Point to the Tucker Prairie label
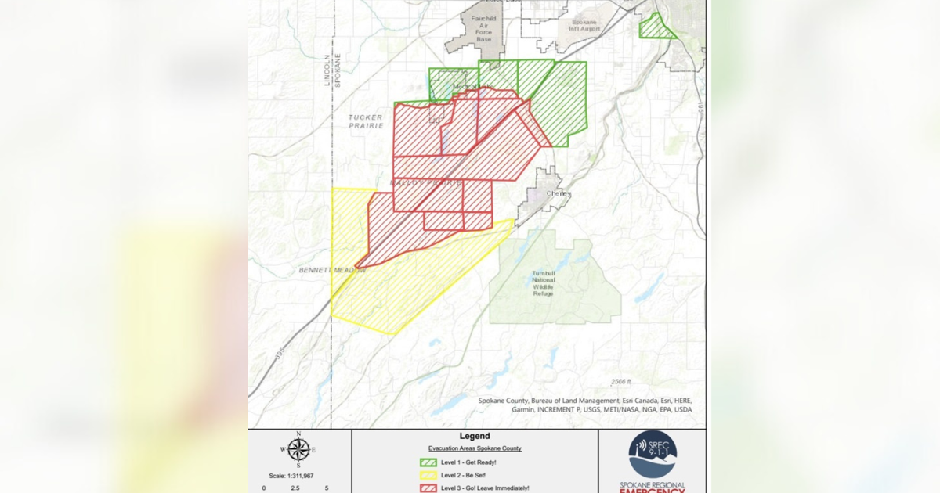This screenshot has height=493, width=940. point(366,121)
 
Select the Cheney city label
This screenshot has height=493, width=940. point(559,193)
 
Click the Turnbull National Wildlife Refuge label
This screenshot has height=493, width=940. point(540,282)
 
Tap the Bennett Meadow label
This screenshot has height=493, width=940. point(332,270)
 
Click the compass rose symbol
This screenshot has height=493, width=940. point(298,449)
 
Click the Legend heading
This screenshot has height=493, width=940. point(475,436)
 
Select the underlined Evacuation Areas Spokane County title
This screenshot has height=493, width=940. point(475,448)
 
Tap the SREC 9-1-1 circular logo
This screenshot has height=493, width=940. point(653,455)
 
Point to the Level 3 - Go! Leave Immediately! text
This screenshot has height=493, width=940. point(485,488)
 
